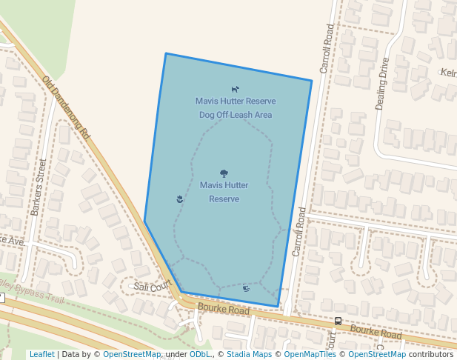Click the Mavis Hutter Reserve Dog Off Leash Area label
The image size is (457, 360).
tap(236, 108)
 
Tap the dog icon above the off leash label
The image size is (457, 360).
tap(236, 90)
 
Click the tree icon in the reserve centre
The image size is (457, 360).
tap(224, 173)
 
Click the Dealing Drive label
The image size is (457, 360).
tap(382, 84)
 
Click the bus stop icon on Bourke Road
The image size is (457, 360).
tap(338, 321)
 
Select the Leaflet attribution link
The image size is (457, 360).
tap(41, 354)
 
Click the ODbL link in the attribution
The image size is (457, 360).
tap(200, 354)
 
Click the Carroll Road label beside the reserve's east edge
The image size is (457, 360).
tap(298, 232)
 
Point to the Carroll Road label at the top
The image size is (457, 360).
tap(327, 48)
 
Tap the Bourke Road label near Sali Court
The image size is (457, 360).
tap(224, 309)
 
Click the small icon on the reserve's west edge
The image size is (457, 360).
tap(179, 199)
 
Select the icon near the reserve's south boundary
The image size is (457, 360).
tap(246, 287)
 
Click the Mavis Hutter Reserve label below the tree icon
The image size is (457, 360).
tap(224, 192)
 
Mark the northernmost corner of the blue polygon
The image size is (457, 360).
tap(166, 53)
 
